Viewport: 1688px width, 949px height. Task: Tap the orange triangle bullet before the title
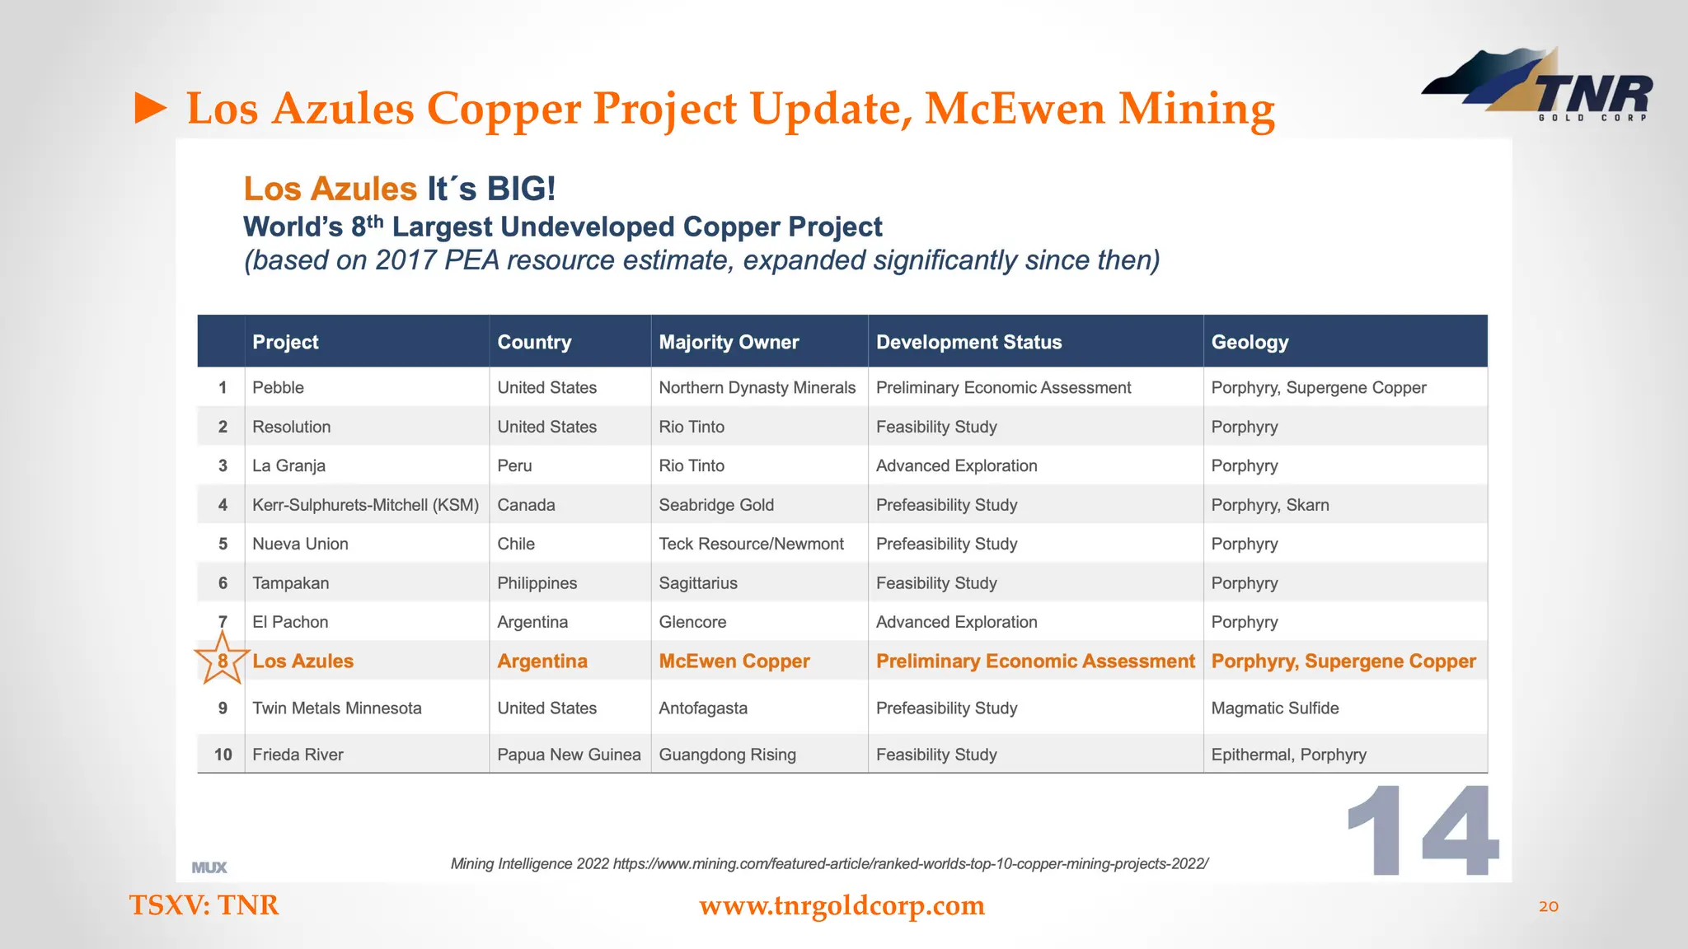click(151, 109)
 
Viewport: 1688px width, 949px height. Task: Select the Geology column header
click(1250, 342)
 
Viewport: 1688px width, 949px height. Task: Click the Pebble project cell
click(278, 387)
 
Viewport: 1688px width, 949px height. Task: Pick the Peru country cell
click(514, 465)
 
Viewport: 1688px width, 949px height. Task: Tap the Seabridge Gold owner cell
click(715, 505)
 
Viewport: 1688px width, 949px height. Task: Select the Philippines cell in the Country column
click(537, 583)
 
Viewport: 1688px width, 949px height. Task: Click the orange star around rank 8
click(222, 660)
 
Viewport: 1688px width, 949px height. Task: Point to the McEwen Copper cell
click(734, 661)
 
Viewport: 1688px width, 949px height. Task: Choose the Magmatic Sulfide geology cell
click(1274, 708)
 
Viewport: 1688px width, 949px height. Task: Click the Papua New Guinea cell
click(569, 755)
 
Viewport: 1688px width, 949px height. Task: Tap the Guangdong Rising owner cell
click(727, 755)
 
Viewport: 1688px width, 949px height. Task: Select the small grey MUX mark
click(209, 867)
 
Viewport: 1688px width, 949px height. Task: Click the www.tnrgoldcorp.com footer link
click(842, 905)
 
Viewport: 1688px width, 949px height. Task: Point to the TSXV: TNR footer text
click(204, 905)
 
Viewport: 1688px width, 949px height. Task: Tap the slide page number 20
click(1548, 907)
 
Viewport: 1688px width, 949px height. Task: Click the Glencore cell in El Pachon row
click(692, 622)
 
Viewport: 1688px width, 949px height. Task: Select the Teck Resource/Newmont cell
click(751, 544)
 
